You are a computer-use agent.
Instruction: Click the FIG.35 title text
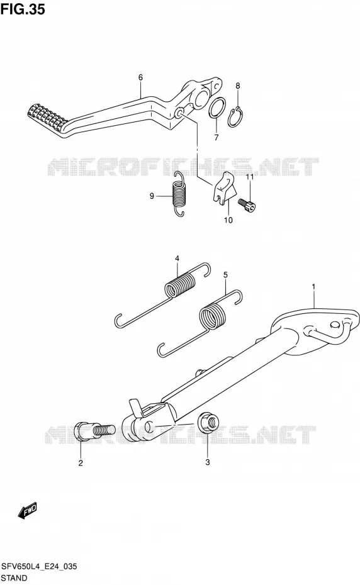[23, 9]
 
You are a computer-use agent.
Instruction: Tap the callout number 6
[140, 77]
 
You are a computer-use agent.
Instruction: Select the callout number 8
[238, 86]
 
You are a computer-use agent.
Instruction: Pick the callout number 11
[250, 177]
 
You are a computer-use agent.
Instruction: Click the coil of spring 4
[181, 285]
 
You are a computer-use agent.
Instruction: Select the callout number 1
[313, 287]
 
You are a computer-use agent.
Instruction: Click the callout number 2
[81, 464]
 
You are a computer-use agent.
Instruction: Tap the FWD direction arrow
[27, 510]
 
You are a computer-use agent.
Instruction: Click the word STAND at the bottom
[14, 578]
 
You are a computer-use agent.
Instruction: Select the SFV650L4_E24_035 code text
[39, 566]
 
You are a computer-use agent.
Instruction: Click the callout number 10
[228, 220]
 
